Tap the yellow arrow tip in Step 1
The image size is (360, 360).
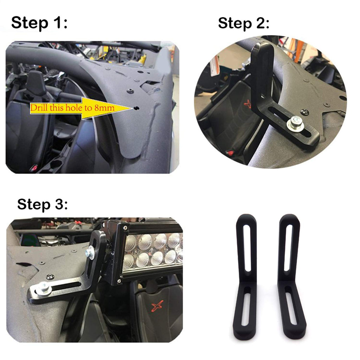tap(133, 108)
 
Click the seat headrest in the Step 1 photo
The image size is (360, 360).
tap(36, 83)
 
